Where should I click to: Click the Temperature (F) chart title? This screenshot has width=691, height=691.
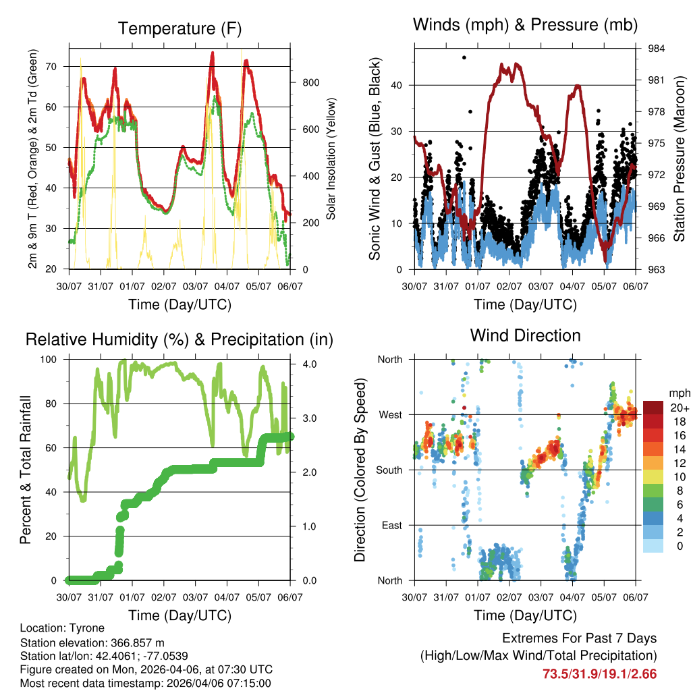179,28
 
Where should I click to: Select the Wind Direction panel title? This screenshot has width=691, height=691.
525,335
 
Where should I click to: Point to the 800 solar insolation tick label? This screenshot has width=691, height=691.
310,82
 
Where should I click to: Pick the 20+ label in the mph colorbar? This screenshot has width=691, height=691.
680,408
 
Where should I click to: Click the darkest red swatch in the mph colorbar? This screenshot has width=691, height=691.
653,408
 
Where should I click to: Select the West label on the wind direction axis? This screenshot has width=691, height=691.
389,414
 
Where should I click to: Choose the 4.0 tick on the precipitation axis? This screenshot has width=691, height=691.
308,364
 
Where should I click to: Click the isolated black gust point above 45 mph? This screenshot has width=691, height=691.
464,57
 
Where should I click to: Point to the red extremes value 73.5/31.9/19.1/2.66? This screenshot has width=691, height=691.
599,673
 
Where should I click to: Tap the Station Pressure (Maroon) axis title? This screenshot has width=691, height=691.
680,159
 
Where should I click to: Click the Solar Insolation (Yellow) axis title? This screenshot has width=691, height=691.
331,159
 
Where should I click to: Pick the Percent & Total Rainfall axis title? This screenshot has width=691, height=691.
25,470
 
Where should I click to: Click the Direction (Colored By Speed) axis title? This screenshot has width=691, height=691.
360,470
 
